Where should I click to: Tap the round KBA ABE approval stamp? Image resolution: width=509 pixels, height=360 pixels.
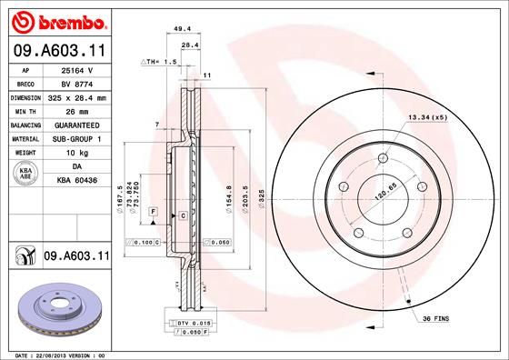[25, 173]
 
